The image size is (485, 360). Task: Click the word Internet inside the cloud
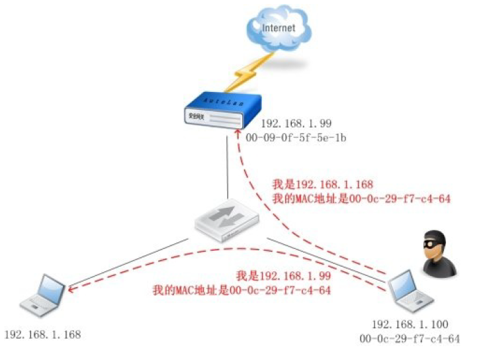[x=279, y=28]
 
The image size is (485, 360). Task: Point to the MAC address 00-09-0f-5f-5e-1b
[x=296, y=137]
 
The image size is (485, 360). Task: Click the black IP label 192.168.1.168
[x=42, y=335]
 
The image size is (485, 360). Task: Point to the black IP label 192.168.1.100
[x=410, y=324]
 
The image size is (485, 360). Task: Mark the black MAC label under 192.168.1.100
[x=410, y=339]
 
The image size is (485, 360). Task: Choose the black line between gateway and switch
[x=228, y=169]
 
